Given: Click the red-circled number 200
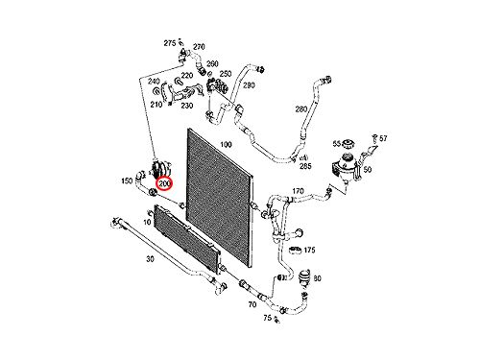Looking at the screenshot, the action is point(164,183).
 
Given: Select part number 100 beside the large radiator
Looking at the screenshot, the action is point(226,145).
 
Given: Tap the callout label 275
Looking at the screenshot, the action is point(170,43).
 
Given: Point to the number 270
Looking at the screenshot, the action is point(199,47).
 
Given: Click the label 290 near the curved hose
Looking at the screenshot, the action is point(249,85).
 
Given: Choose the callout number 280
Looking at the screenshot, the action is point(301,109).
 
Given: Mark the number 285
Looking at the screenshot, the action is point(305,166).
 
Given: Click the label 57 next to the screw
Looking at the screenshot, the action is point(383,138).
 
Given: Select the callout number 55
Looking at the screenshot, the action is point(337,144).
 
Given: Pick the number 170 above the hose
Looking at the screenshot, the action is point(298,191).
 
